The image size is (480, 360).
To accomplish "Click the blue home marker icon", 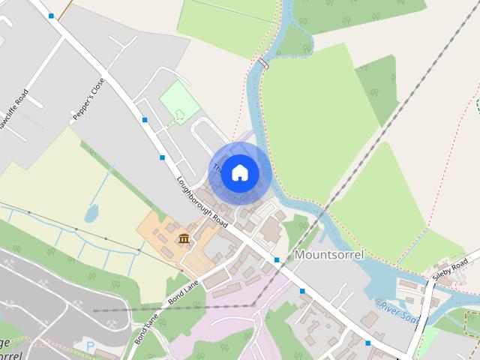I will tap(239, 172).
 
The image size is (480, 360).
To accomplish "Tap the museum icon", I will tap(183, 238).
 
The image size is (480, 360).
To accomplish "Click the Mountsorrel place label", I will tap(329, 255).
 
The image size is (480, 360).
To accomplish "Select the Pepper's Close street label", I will tap(88, 99).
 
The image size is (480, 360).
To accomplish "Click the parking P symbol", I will tap(91, 346).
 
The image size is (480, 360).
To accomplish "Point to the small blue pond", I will tap(91, 214).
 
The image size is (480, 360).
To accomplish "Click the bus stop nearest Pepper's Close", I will tap(145, 120).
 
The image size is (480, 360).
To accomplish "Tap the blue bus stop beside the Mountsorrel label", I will tap(277, 259).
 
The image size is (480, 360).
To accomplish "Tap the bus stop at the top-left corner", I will tap(51, 15).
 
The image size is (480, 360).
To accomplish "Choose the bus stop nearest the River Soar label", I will tap(367, 343).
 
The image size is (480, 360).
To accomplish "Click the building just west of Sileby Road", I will tap(411, 286).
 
